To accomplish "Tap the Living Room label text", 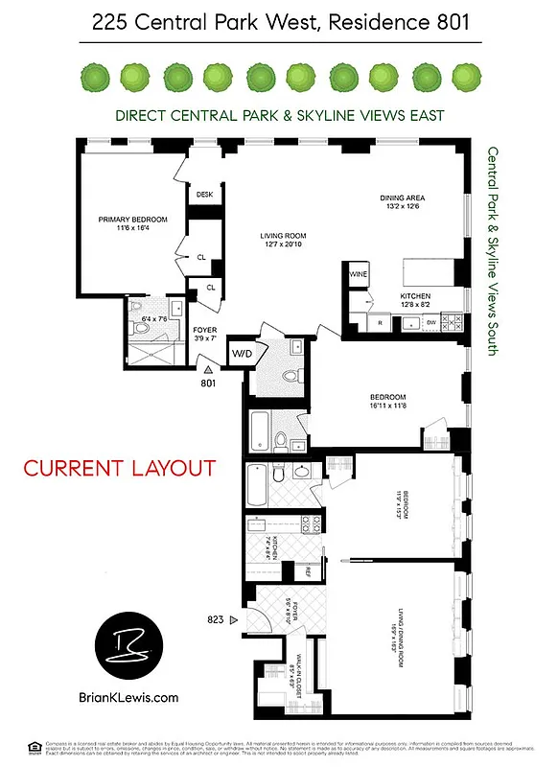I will pos(285,241).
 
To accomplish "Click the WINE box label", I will pos(359,274).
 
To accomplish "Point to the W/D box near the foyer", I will pos(240,352).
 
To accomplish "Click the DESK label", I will pos(204,195).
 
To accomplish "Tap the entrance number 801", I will pos(207,383).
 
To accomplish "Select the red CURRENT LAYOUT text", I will pos(119,469).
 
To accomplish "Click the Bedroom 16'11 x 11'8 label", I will pos(389,402).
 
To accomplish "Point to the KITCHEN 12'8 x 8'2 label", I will pos(415,301).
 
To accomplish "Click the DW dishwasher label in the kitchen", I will pos(431,322).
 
